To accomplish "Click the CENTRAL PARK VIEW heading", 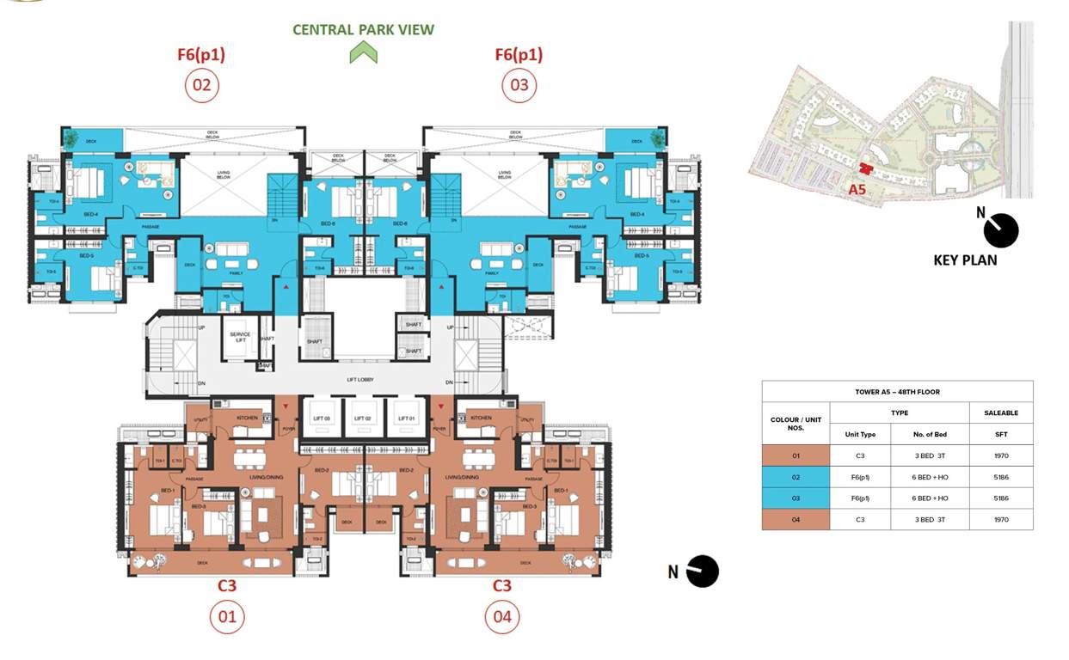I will pyautogui.click(x=363, y=29).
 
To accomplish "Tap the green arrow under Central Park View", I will pyautogui.click(x=363, y=53).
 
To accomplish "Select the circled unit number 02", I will pyautogui.click(x=201, y=85).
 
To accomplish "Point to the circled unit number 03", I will pyautogui.click(x=519, y=85).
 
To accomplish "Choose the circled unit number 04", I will pyautogui.click(x=502, y=616).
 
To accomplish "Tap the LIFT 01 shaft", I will pyautogui.click(x=407, y=419).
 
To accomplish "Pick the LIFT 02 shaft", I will pyautogui.click(x=364, y=419).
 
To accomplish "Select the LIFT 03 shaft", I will pyautogui.click(x=321, y=419).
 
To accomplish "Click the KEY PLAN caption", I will pyautogui.click(x=965, y=260).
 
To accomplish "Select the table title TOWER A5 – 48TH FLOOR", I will pyautogui.click(x=897, y=392).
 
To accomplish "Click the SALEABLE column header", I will pyautogui.click(x=1001, y=413).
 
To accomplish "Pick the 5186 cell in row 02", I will pyautogui.click(x=1001, y=477).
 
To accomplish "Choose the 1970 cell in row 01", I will pyautogui.click(x=1001, y=455).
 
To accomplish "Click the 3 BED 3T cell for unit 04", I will pyautogui.click(x=930, y=519).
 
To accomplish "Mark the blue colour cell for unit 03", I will pyautogui.click(x=796, y=498).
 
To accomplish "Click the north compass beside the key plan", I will pyautogui.click(x=1000, y=230).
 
